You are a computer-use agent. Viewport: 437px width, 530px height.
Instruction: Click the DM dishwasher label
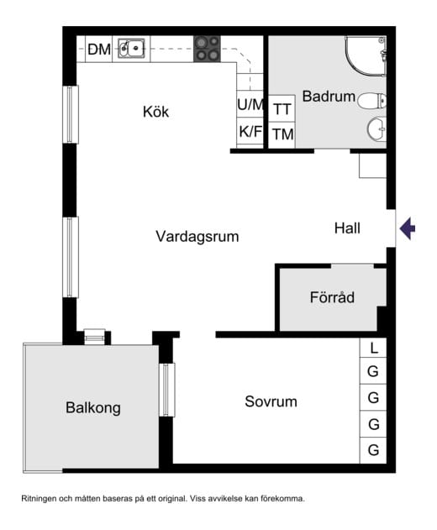tap(99, 50)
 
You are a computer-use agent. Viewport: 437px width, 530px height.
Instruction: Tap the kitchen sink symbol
tap(131, 49)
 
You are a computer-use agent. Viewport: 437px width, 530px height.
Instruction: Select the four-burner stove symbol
tap(208, 50)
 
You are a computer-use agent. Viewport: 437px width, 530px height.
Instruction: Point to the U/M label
tap(250, 105)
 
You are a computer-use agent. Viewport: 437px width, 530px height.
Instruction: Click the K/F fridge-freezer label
tap(250, 131)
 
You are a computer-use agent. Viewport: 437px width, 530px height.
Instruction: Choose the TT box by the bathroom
tap(282, 109)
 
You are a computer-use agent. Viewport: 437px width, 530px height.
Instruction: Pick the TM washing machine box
tap(282, 134)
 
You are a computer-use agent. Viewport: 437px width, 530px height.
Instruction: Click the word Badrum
tap(324, 97)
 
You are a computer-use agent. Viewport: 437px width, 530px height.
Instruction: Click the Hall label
tap(347, 228)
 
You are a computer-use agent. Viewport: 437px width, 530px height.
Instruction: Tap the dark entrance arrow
tap(407, 228)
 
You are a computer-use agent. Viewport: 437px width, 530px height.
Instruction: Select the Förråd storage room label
tap(332, 297)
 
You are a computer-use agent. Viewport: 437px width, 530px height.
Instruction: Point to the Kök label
tap(156, 112)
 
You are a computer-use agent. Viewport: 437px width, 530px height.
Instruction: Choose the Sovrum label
tap(271, 401)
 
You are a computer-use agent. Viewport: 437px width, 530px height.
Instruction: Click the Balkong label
tap(93, 408)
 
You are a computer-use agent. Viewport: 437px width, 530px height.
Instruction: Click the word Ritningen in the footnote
tap(44, 499)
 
